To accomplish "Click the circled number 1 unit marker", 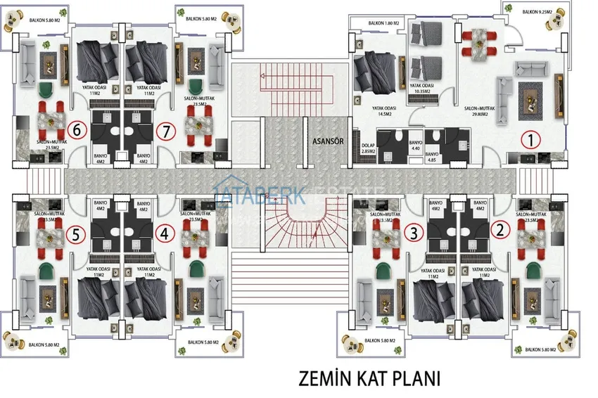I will (x=530, y=139).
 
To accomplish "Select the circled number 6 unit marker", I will (x=79, y=130).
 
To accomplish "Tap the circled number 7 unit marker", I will (x=166, y=130).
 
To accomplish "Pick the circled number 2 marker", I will (x=500, y=228).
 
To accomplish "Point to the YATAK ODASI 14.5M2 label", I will (x=383, y=111).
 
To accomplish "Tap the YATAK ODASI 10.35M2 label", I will (x=424, y=89).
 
